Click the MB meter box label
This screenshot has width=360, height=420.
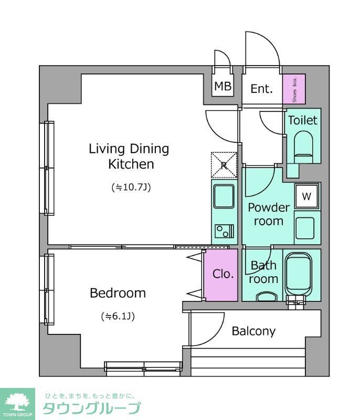(223, 86)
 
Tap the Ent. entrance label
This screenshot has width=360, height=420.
(261, 89)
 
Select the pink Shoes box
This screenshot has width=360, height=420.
(294, 89)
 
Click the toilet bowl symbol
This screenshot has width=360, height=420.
(303, 147)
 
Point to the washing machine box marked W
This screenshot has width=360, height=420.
(307, 196)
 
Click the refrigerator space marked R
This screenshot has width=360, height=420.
(224, 165)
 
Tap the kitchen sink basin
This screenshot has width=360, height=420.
(224, 196)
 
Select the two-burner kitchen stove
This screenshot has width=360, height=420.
(225, 231)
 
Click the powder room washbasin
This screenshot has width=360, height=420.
(305, 228)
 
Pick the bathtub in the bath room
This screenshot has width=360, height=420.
(299, 275)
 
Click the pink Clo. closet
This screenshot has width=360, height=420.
(221, 275)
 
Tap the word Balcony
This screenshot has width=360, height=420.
(253, 331)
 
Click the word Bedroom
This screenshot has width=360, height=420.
(118, 293)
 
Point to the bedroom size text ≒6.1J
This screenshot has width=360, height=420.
(118, 317)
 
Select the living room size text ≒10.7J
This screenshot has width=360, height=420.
(131, 187)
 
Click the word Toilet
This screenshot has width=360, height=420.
(303, 120)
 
